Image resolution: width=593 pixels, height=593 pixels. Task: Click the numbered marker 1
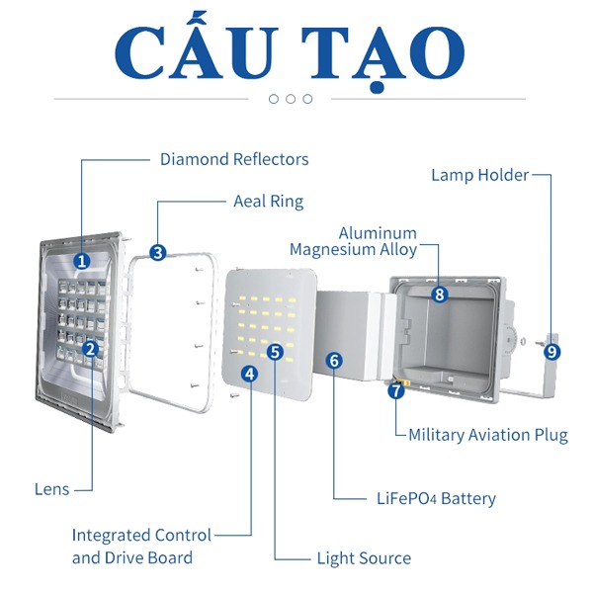(x=82, y=262)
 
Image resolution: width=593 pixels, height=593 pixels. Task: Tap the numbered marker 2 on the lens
(x=91, y=348)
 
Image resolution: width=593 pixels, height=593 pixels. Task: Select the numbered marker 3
(x=158, y=252)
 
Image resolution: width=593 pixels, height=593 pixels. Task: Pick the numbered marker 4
(x=250, y=374)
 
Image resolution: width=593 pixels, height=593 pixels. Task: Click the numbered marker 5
(x=276, y=351)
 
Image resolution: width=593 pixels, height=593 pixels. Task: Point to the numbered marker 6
(x=334, y=360)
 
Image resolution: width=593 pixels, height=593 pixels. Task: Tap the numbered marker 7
(x=396, y=390)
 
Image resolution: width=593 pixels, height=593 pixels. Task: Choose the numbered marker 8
(x=440, y=294)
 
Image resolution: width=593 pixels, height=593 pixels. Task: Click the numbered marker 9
(x=551, y=351)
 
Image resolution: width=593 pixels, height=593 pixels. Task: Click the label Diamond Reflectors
(x=234, y=159)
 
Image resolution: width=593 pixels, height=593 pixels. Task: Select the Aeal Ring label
(x=268, y=201)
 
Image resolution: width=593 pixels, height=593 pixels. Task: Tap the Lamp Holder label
(x=480, y=175)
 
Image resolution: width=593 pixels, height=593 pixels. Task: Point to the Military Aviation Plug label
(x=488, y=435)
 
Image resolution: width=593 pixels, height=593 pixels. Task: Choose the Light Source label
(x=364, y=558)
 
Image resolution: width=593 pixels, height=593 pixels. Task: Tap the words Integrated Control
(x=141, y=535)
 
